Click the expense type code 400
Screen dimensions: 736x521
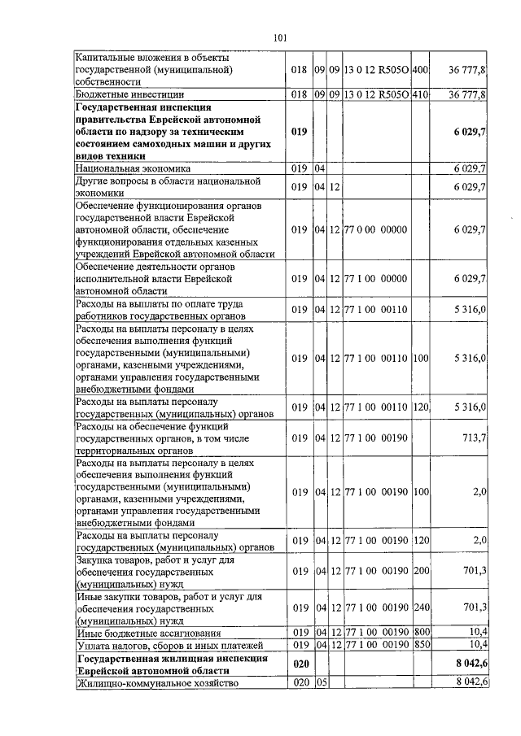click(x=420, y=71)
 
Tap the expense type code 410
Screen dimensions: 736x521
click(x=420, y=95)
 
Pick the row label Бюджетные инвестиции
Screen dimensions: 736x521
click(x=121, y=95)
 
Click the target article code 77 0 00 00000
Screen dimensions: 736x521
click(x=375, y=230)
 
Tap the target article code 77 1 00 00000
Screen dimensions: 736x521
click(x=375, y=279)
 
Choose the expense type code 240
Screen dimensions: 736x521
click(x=420, y=608)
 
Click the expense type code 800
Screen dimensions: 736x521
click(x=420, y=632)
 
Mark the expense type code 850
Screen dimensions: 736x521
click(x=420, y=644)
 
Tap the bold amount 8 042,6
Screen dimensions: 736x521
click(x=471, y=664)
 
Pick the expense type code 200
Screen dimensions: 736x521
click(x=420, y=572)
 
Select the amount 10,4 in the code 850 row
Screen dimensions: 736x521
click(x=478, y=644)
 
